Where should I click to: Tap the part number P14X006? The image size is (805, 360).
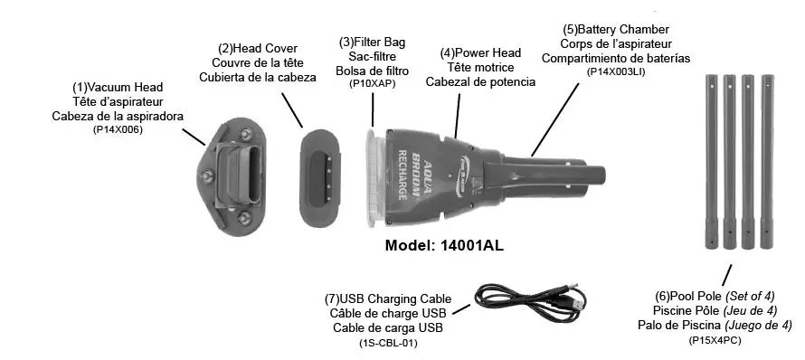coord(118,130)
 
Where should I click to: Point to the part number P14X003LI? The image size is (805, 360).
coord(615,71)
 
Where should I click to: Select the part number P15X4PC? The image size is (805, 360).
coord(715,340)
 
